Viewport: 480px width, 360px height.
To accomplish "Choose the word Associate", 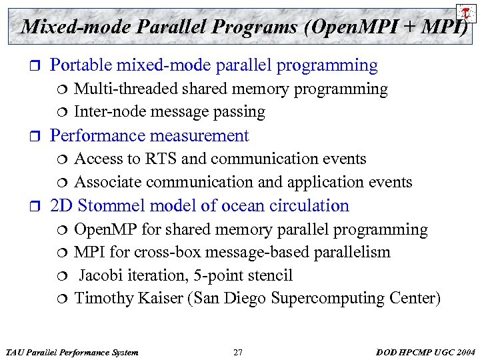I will pyautogui.click(x=108, y=182).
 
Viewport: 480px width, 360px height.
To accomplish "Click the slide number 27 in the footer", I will pyautogui.click(x=238, y=352).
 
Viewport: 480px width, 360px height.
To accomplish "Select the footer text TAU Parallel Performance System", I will pyautogui.click(x=71, y=352).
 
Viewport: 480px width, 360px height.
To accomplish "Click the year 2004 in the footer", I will pyautogui.click(x=464, y=352).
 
